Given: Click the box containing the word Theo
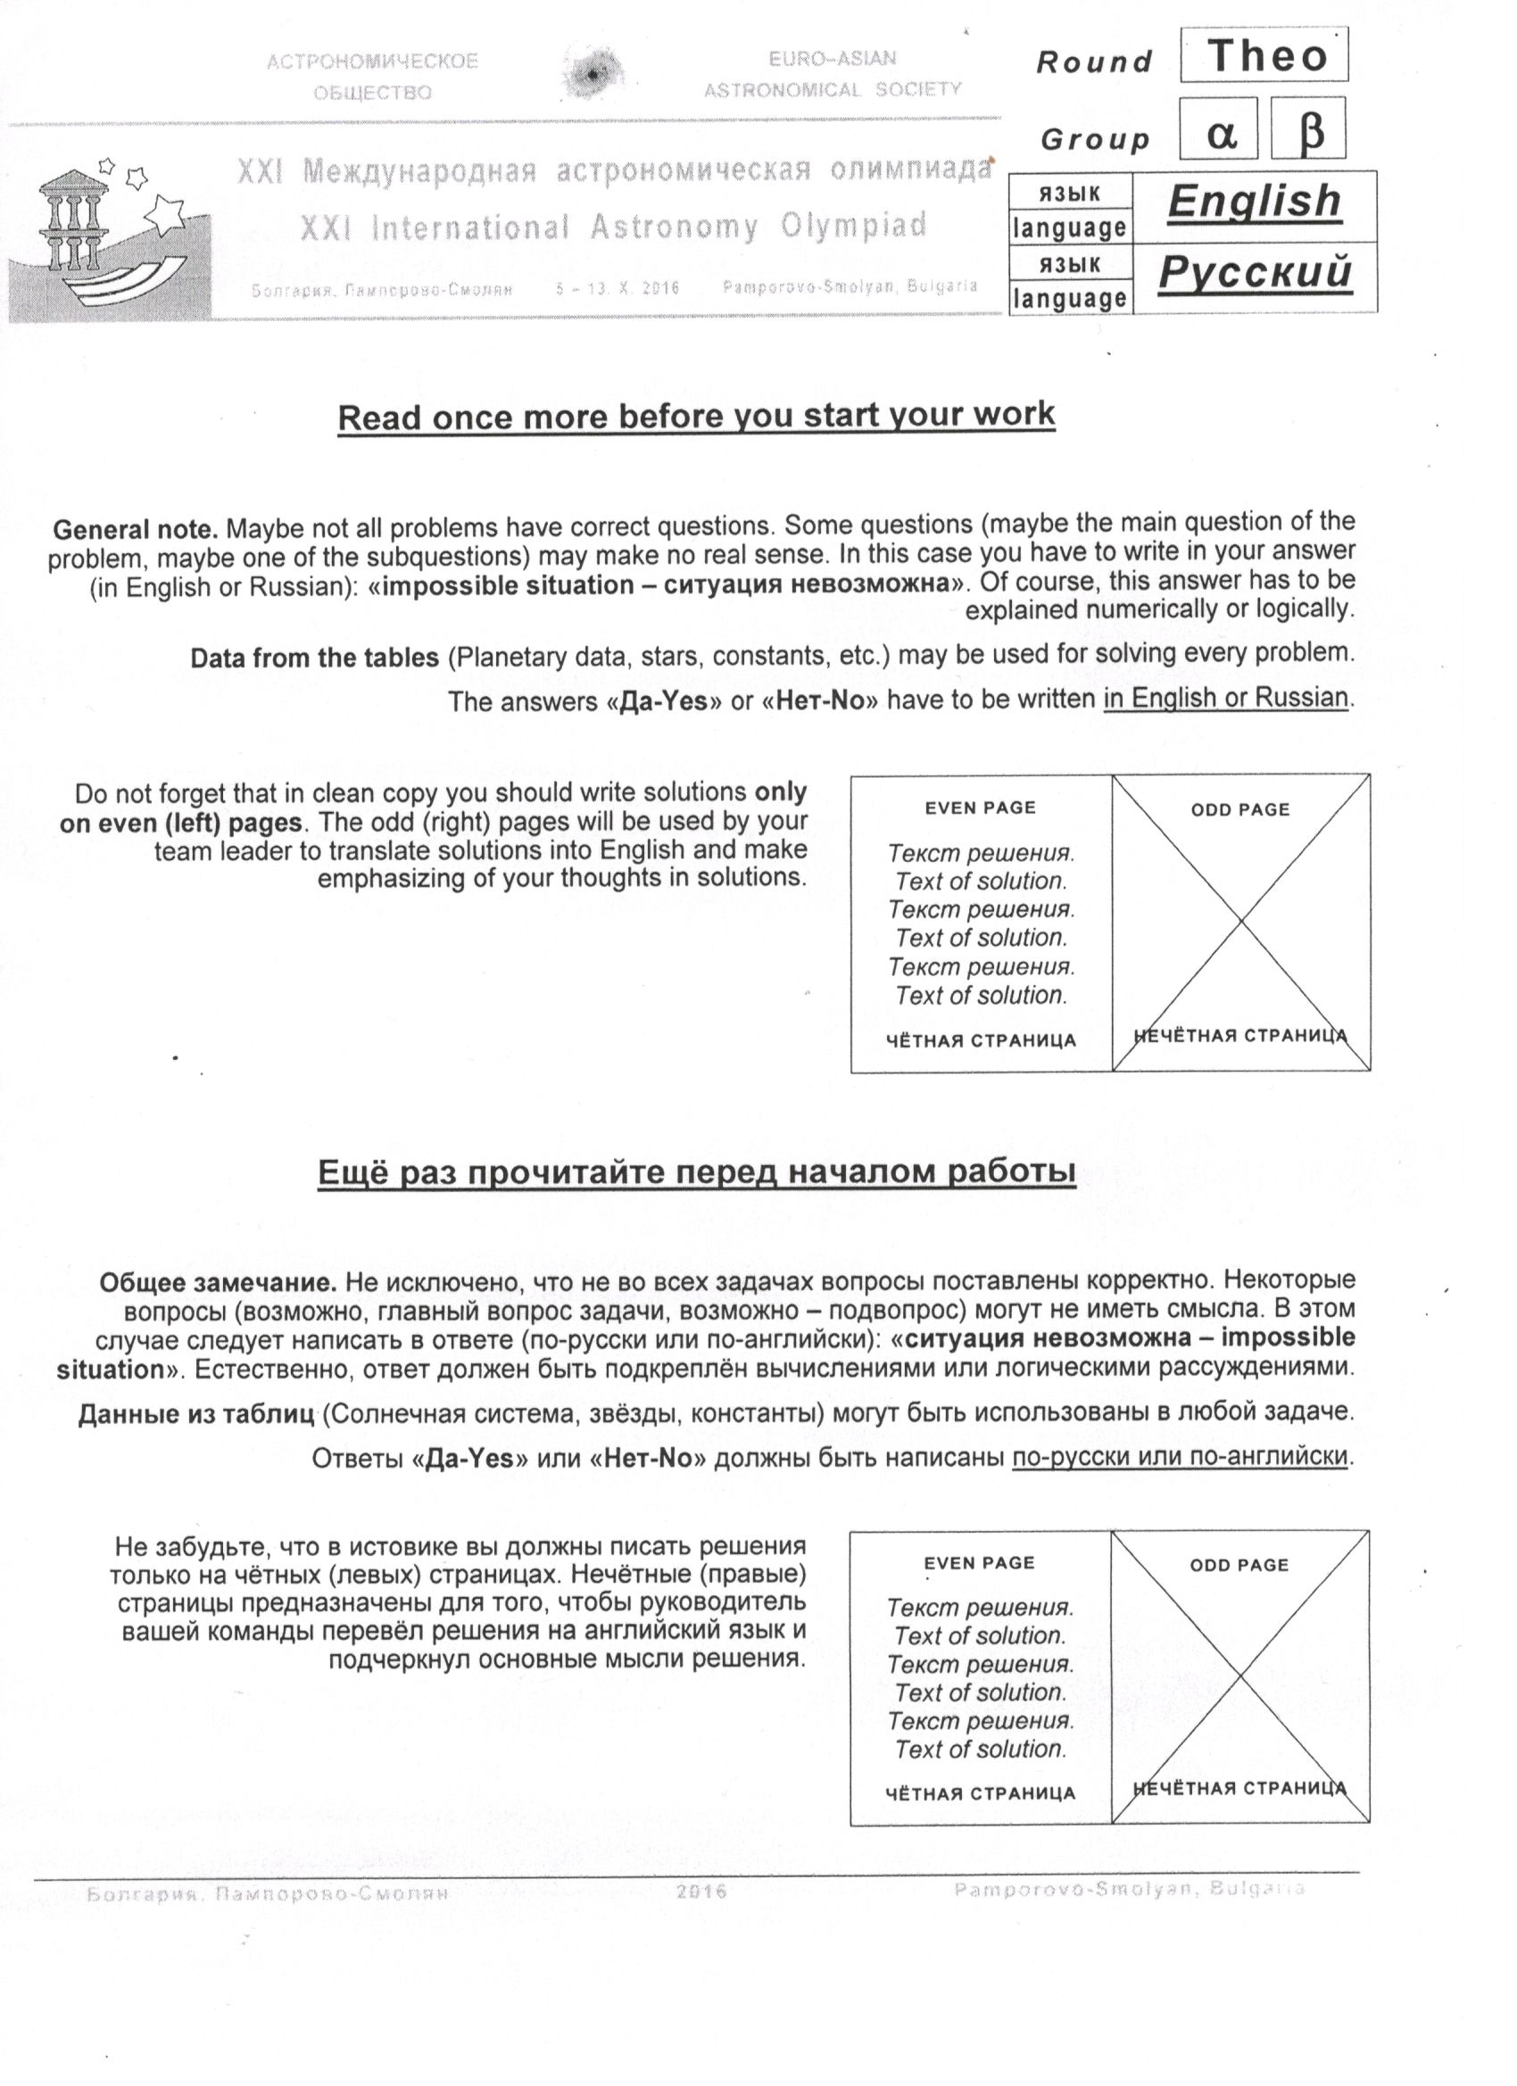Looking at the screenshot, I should coord(1264,56).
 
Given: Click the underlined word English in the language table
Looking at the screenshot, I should coord(1254,202).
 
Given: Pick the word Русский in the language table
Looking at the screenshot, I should coord(1255,272).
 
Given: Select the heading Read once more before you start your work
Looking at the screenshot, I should coord(695,416).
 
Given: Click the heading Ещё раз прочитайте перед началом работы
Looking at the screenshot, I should coord(696,1172).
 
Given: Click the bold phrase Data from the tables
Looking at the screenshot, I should coord(315,658).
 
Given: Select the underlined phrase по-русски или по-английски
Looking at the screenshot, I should coord(1181,1456).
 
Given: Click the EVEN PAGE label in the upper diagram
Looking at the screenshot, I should coord(980,807).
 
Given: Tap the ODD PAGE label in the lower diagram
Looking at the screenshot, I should coord(1239,1565).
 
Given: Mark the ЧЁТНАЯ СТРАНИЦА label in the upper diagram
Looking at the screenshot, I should coord(981,1040).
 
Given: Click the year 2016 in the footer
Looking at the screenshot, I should coord(701,1891).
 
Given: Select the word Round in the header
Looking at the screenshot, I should coord(1094,62).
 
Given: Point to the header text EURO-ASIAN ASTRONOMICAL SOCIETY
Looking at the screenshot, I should coord(833,73).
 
